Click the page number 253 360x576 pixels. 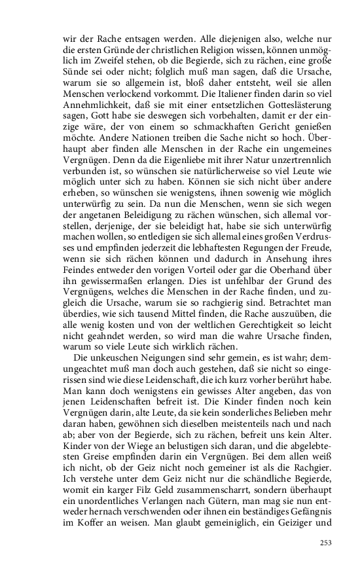(x=325, y=541)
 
